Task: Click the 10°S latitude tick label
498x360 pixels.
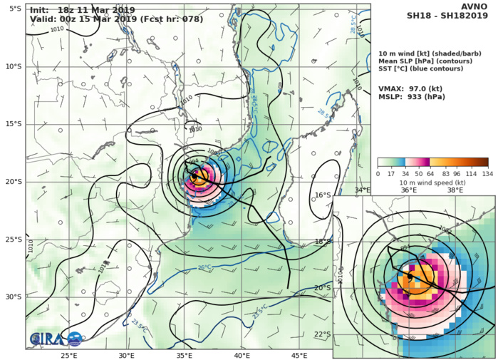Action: click(13, 66)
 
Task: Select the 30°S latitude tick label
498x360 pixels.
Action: click(13, 297)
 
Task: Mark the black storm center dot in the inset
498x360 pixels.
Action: click(410, 274)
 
